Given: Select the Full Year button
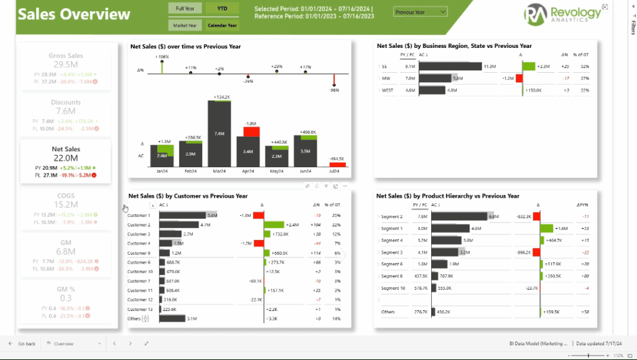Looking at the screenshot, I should [x=184, y=8].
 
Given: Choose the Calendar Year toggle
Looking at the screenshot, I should [x=223, y=25].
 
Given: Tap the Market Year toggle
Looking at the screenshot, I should [x=184, y=25].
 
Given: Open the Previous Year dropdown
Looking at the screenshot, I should [x=421, y=12].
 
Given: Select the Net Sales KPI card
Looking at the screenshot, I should [x=65, y=161].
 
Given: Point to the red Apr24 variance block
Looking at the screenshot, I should [x=251, y=131].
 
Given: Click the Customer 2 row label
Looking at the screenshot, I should [x=139, y=225].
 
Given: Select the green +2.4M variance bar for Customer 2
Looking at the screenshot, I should [x=274, y=225].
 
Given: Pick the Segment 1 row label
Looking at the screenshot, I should [x=392, y=229].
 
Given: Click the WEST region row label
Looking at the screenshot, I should [x=389, y=90].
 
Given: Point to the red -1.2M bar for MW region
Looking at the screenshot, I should [x=519, y=78].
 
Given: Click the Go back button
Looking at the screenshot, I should [x=23, y=343].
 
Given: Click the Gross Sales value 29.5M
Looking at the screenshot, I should [x=65, y=65].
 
